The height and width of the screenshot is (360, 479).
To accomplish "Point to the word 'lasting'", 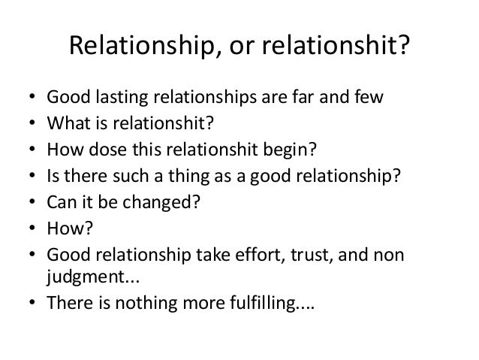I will tap(122, 98).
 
